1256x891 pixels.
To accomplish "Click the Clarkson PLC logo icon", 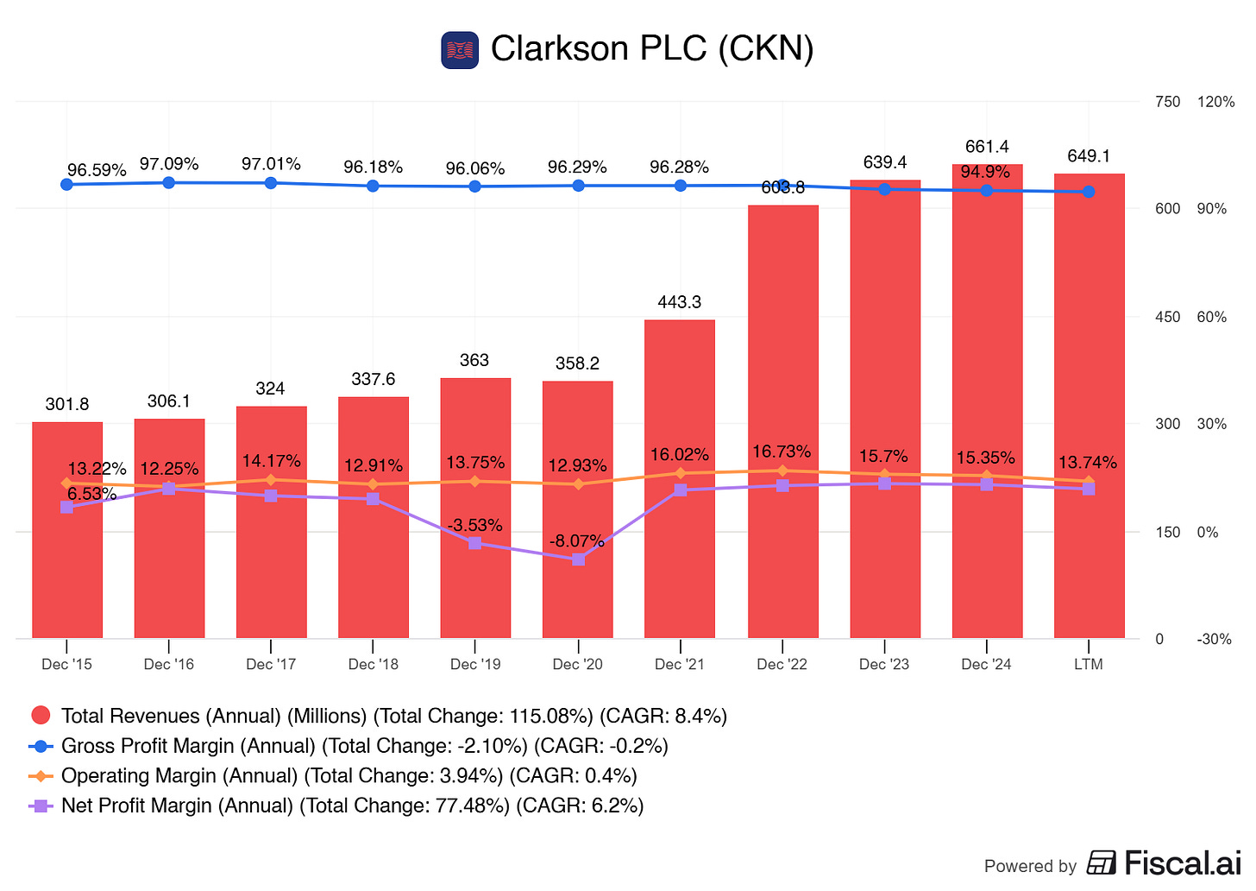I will click(x=459, y=50).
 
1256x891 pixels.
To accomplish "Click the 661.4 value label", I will click(x=987, y=147).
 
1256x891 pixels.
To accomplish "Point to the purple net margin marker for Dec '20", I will click(x=578, y=559).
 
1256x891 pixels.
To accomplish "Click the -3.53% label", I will click(x=474, y=526).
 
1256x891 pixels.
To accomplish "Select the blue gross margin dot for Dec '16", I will click(x=169, y=182).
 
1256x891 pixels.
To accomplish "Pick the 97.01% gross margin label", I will click(x=271, y=164).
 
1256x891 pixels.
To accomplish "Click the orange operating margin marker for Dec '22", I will click(x=782, y=471).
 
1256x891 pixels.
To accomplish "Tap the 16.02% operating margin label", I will click(x=680, y=455).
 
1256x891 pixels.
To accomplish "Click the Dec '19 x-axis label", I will click(x=475, y=664).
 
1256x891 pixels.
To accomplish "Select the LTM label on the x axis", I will click(x=1089, y=664).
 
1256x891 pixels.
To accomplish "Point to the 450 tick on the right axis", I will click(x=1167, y=317).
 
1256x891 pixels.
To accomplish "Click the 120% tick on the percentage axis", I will click(x=1216, y=102).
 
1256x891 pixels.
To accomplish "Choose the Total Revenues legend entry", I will click(x=380, y=716).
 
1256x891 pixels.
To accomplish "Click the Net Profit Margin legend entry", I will click(x=336, y=806).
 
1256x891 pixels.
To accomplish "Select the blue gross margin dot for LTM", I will click(x=1089, y=192).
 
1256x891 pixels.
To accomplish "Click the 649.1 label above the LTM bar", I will click(x=1089, y=156).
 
